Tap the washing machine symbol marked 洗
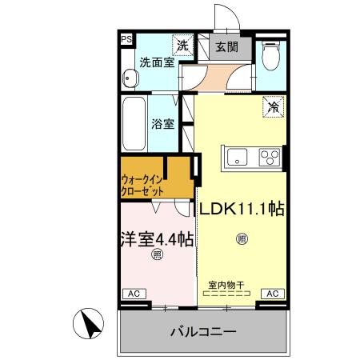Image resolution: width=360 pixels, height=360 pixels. point(183,46)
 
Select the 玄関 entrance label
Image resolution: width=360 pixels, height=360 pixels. point(226,47)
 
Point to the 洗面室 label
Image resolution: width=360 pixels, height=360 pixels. point(157,61)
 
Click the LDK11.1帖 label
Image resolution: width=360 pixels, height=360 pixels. point(242,209)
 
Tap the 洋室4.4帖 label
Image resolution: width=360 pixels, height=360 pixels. point(157,238)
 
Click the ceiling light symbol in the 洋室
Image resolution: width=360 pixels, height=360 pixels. point(157,255)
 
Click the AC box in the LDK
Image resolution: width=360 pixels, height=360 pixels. point(272,294)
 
